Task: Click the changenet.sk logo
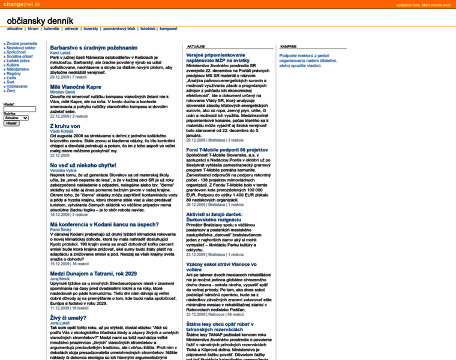click(x=20, y=4)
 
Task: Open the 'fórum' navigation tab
click(x=33, y=28)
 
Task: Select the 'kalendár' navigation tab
click(x=52, y=28)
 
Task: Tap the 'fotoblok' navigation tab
click(x=148, y=28)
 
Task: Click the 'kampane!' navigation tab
click(x=169, y=28)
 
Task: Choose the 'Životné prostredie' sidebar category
click(x=22, y=44)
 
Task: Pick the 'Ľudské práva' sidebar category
click(x=18, y=61)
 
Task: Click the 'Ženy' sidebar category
click(x=11, y=90)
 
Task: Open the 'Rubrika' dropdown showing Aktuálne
click(x=16, y=118)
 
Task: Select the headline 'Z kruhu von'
click(x=65, y=127)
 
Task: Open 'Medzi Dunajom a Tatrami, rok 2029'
click(x=93, y=274)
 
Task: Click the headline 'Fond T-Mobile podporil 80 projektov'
click(x=227, y=149)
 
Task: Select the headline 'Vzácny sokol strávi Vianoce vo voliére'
click(x=223, y=266)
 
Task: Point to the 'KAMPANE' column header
click(x=290, y=46)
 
